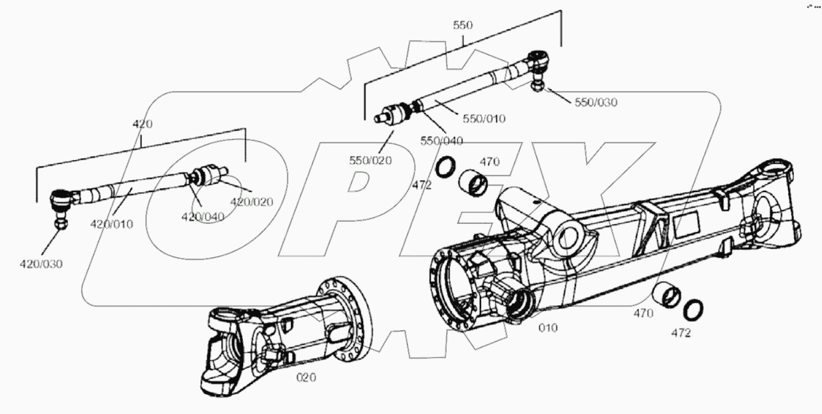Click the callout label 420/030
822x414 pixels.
tap(41, 264)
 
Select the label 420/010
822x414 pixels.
tap(112, 224)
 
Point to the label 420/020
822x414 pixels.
tap(251, 202)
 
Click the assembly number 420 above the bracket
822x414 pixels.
tap(142, 124)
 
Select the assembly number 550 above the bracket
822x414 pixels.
tap(463, 25)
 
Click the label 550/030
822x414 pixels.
tap(596, 102)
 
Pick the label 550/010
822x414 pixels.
tap(484, 118)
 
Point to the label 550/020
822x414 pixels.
tap(370, 160)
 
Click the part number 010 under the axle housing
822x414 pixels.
tap(548, 328)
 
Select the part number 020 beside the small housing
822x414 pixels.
tap(306, 378)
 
